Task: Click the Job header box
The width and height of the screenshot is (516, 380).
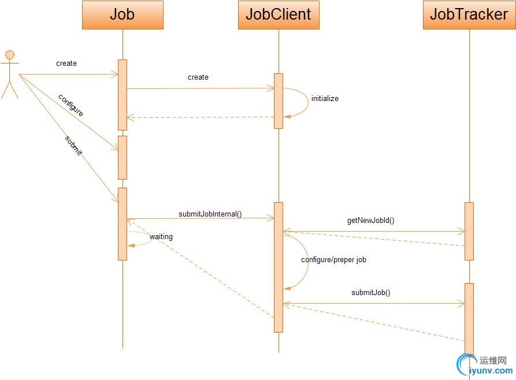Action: click(x=122, y=15)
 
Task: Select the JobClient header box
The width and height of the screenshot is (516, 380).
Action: click(x=279, y=15)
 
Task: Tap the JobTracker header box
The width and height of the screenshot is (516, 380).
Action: click(x=469, y=15)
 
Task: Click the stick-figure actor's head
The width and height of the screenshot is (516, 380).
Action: click(x=10, y=55)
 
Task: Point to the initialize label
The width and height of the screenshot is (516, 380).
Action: click(x=325, y=99)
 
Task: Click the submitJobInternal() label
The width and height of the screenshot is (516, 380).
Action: click(x=210, y=214)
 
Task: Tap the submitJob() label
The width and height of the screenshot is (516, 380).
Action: click(x=371, y=292)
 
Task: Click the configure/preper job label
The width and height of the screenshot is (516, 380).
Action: click(x=334, y=260)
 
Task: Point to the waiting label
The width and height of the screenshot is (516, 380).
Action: click(x=161, y=237)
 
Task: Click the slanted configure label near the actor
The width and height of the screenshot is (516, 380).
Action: click(x=71, y=105)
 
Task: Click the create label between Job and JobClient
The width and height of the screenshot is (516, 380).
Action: click(x=198, y=77)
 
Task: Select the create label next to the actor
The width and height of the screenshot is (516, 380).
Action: click(x=66, y=64)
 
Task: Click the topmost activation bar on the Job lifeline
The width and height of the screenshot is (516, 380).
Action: click(x=122, y=95)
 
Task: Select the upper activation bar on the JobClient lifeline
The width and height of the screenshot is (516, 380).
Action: click(x=279, y=100)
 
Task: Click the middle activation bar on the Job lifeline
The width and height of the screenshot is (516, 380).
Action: click(x=122, y=157)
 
